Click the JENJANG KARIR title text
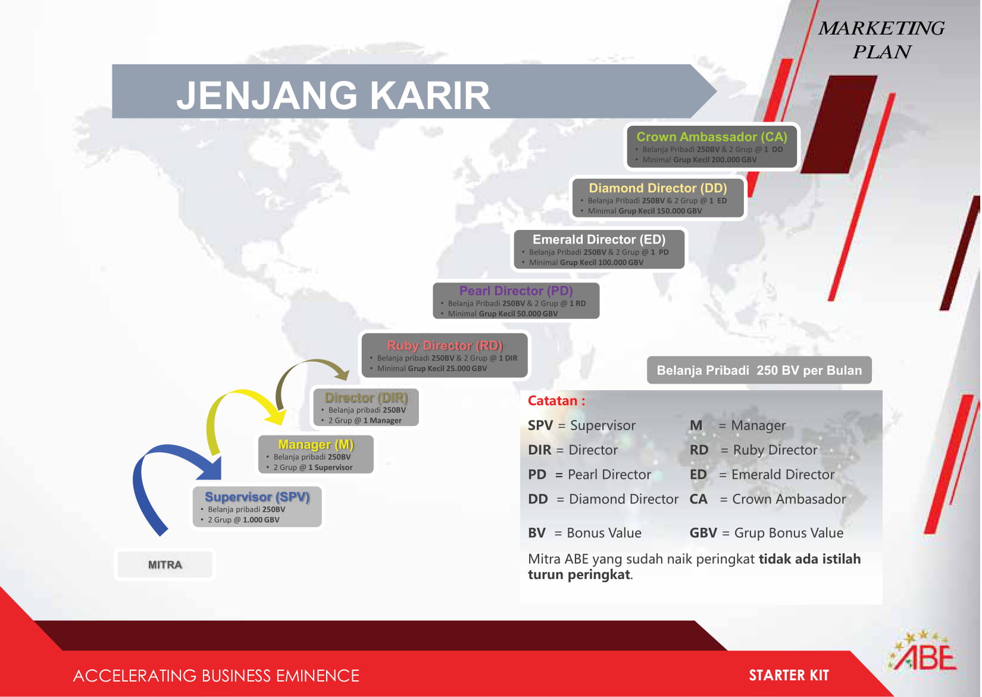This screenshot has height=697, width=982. click(333, 95)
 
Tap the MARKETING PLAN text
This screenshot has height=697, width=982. click(881, 40)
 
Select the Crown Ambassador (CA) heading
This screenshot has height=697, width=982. click(712, 136)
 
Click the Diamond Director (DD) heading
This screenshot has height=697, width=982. click(658, 188)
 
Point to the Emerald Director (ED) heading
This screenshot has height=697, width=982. click(599, 239)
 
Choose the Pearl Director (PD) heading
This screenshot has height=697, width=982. click(516, 291)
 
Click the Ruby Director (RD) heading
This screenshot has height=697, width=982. click(445, 346)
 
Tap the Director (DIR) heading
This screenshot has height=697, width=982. click(366, 398)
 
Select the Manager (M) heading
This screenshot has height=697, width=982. click(315, 444)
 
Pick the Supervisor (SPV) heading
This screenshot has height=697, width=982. click(257, 497)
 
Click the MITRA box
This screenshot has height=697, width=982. click(165, 564)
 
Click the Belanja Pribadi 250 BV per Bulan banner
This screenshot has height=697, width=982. click(759, 370)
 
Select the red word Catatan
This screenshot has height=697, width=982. click(553, 400)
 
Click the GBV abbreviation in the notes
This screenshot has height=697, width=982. click(703, 533)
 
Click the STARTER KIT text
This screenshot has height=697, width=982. click(789, 675)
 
